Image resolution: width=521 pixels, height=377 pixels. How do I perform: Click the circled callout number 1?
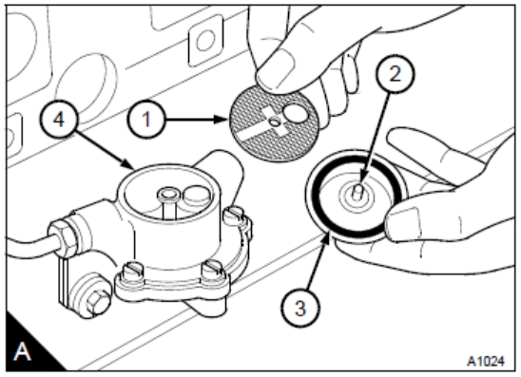click(146, 119)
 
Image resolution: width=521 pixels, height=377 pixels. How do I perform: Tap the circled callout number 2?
click(396, 74)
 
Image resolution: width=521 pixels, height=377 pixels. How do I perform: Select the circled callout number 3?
click(300, 309)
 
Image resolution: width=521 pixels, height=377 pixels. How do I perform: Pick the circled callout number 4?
click(59, 119)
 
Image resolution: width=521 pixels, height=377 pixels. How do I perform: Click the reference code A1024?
click(486, 361)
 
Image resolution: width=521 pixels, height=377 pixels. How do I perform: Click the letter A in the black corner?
click(22, 351)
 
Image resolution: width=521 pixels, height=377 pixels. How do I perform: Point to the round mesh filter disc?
click(274, 123)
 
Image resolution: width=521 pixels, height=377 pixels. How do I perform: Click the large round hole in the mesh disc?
click(296, 113)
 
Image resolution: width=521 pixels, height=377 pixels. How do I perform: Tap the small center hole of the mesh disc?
click(275, 123)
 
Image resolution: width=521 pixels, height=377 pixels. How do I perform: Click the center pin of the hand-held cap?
click(357, 192)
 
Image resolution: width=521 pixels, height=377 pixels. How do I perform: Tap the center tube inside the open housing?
click(167, 202)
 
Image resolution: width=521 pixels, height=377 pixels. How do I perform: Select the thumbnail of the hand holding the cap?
click(403, 222)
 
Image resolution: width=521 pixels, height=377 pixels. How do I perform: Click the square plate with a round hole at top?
click(205, 41)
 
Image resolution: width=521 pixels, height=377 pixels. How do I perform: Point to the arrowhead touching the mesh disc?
click(222, 119)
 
